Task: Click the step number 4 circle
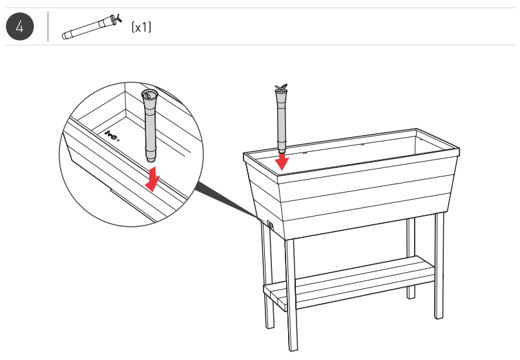coord(19,27)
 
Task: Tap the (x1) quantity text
coord(141,27)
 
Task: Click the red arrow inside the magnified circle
coord(153,179)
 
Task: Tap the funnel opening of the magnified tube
coord(149,96)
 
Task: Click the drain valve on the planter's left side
coord(269,226)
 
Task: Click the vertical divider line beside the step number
coord(48,27)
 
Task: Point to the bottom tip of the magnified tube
coord(150,158)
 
